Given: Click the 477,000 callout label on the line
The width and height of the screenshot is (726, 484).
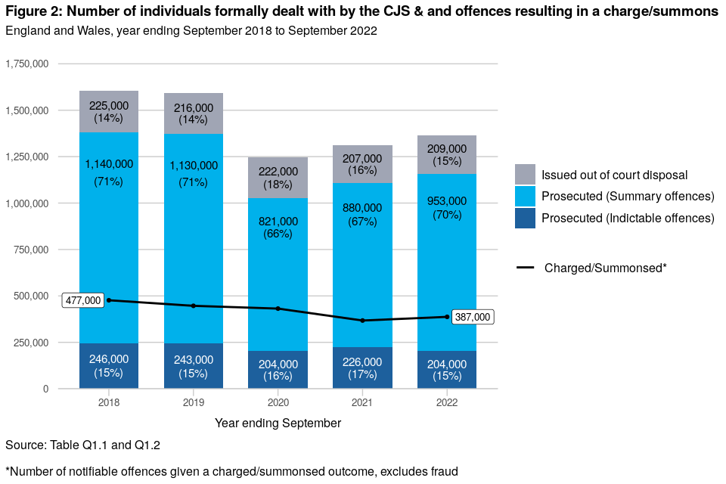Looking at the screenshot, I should pos(83,300).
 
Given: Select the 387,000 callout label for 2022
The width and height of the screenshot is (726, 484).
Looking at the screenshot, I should pos(473,318).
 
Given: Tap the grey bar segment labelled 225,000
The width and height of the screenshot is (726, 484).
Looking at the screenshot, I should pos(109,112).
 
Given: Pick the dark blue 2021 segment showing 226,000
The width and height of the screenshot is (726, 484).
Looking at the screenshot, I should pos(362,368).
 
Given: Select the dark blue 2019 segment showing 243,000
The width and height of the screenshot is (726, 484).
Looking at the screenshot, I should pos(194,366).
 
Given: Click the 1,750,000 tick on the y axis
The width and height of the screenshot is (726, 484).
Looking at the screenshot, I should pos(27,64).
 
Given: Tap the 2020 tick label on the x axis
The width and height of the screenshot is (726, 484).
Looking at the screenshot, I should pos(278,402).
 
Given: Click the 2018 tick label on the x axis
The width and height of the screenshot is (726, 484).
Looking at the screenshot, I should pos(109,402).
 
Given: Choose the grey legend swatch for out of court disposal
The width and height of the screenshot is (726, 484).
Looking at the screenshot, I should pos(525,175).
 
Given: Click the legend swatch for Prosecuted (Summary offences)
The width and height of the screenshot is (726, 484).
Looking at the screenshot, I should pos(525,197).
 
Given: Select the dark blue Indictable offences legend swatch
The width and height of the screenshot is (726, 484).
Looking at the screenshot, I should pos(525,218).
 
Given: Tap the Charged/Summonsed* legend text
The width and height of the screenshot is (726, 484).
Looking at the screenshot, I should pos(605,268).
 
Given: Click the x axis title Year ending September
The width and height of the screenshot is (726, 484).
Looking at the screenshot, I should pos(278,423).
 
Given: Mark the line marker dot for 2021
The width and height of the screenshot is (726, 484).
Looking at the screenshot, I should pos(362,321).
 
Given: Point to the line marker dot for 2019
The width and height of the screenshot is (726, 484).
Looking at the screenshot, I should pos(194,306).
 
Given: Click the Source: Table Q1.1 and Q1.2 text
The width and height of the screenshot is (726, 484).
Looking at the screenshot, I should pos(82,445).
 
